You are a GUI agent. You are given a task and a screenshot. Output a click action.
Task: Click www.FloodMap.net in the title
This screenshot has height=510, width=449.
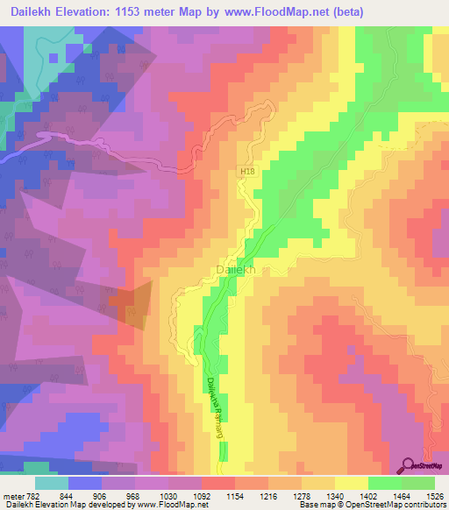click(x=271, y=11)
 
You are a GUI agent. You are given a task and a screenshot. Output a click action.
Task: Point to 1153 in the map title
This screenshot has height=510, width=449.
click(x=138, y=11)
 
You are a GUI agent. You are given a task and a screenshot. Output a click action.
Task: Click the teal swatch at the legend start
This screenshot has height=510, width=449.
click(x=52, y=483)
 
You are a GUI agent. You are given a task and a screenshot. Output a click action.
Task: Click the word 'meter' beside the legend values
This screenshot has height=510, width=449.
click(x=13, y=495)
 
